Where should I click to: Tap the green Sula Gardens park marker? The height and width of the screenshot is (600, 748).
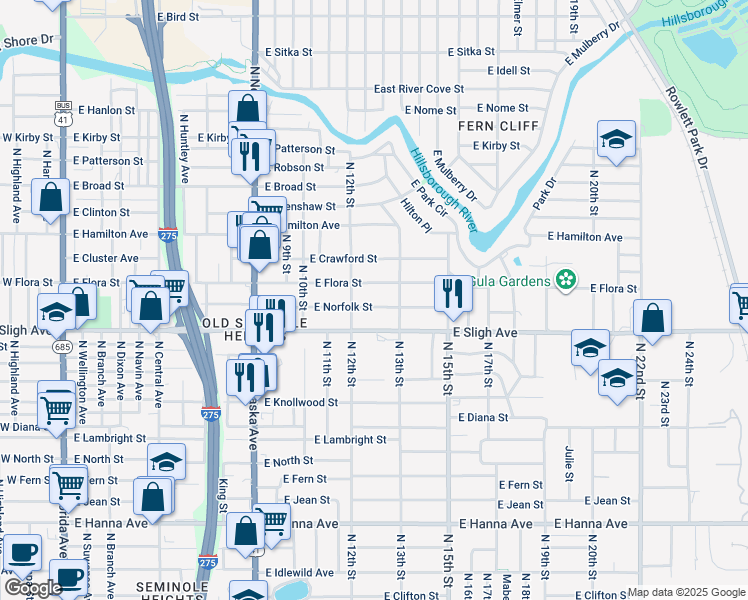pos(567,279)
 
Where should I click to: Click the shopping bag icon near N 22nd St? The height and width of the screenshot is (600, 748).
pos(652,318)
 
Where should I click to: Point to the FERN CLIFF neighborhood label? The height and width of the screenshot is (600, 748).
pos(498,126)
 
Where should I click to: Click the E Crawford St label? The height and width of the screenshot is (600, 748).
pos(342,258)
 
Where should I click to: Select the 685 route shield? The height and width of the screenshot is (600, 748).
pos(62,346)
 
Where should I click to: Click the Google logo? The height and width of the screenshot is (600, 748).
pos(33,587)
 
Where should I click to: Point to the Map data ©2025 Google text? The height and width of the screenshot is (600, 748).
pos(686,592)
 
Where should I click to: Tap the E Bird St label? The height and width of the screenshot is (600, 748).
pos(178,18)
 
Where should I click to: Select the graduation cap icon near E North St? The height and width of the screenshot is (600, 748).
pos(166,461)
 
